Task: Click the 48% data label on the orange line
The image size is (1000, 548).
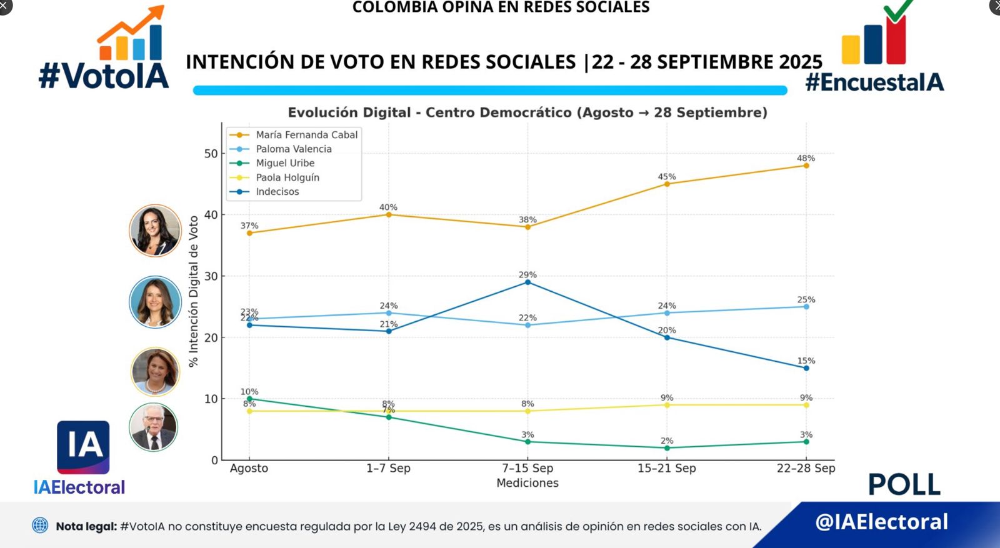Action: pos(806,158)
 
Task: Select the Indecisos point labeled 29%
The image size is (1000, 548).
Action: pos(527,282)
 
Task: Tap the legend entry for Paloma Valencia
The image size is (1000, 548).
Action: pos(293,149)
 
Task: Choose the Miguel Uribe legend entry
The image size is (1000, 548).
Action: pos(285,163)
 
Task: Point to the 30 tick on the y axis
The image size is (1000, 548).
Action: pos(211,276)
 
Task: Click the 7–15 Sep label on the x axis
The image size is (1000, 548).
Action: pos(527,468)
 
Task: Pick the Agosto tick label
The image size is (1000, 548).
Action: pos(249,468)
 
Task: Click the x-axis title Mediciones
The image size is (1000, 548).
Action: pos(527,483)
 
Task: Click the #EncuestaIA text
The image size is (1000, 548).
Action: pos(874,82)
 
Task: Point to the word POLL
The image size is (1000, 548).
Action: pos(904,484)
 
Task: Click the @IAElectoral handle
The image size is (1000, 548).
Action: pos(881,522)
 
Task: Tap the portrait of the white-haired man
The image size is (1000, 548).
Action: pos(154,427)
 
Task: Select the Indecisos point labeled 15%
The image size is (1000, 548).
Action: pos(806,368)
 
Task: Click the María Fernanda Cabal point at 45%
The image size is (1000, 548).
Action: pos(667,184)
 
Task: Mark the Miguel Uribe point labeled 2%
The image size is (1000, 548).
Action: pos(667,448)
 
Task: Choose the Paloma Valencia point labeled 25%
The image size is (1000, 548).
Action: pos(806,307)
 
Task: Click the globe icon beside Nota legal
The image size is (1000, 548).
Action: pos(40,526)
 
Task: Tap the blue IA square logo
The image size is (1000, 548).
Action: pos(83,447)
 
